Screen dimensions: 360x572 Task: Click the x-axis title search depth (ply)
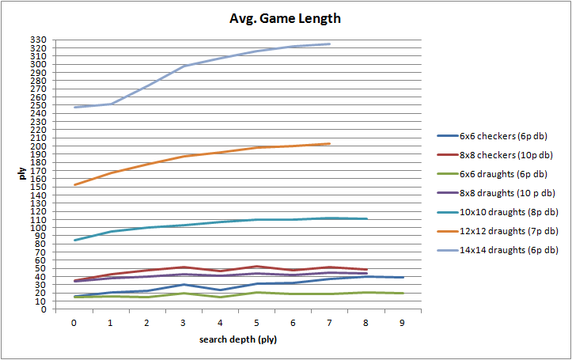237,340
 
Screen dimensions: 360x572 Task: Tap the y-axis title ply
23,174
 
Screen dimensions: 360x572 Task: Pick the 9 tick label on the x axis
403,323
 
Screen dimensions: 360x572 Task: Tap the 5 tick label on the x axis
256,323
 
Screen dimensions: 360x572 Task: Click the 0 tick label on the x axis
74,323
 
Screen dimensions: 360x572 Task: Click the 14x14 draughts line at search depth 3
184,66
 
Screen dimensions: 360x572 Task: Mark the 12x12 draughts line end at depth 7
329,143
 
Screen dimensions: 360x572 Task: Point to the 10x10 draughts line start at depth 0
74,240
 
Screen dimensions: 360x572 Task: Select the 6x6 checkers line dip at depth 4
220,290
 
